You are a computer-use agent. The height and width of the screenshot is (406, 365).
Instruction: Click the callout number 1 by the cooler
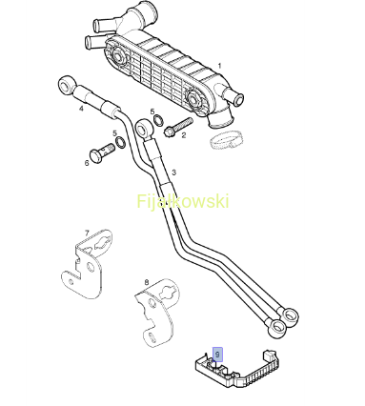(219, 66)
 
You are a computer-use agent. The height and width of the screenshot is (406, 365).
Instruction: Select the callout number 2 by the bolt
(184, 135)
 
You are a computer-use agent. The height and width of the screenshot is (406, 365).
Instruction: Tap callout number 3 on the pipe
(173, 173)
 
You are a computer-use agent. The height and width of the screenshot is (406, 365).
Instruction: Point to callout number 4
(81, 109)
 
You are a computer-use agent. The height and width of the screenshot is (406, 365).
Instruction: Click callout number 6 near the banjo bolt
(87, 163)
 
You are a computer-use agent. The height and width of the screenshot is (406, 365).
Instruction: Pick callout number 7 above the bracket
(87, 233)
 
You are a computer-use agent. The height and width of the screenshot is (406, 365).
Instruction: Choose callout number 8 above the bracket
(147, 282)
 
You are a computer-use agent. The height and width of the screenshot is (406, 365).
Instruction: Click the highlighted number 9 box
(217, 355)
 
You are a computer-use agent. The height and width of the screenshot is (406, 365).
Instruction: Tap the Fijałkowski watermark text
(183, 201)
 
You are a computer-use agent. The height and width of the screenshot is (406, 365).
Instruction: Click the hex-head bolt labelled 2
(178, 126)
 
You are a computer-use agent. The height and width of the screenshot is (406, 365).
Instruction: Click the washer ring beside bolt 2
(158, 120)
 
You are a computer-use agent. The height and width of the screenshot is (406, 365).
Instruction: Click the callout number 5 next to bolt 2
(152, 112)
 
